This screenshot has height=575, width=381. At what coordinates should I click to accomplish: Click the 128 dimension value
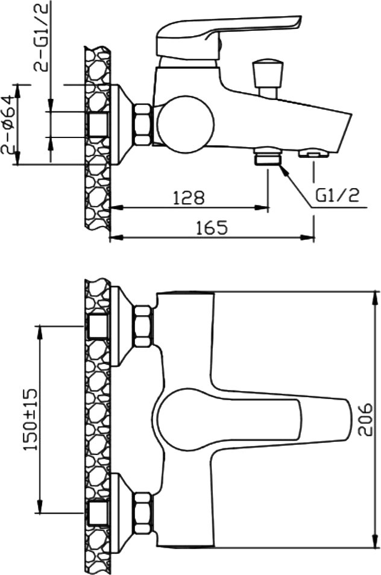tap(189, 198)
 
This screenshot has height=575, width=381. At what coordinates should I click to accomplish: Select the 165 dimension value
tap(212, 227)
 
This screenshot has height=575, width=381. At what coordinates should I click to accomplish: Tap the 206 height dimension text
tap(365, 419)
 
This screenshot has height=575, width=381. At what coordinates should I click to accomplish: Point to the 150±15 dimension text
tap(30, 420)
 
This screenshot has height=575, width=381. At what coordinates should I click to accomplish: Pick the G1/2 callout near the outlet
tap(337, 196)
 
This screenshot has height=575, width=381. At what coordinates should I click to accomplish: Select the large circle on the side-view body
tap(184, 124)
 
